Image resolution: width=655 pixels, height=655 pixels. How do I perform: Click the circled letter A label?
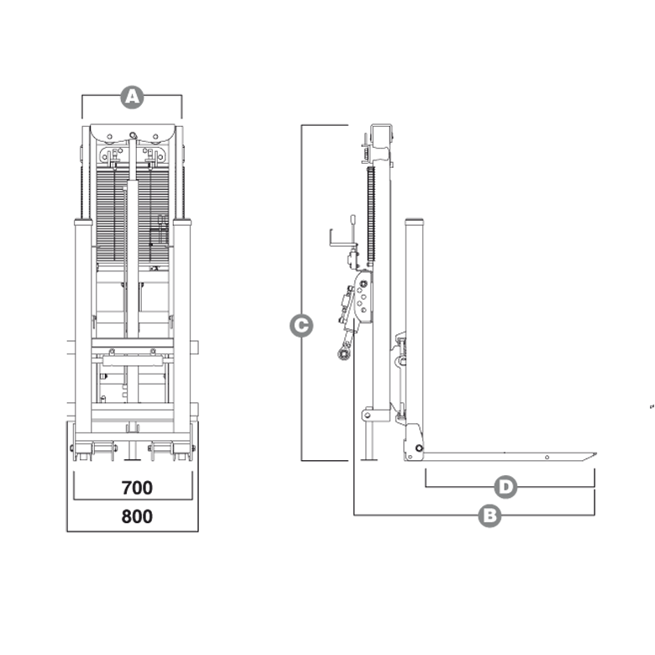coord(132,97)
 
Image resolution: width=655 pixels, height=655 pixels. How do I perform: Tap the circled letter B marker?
coord(490,516)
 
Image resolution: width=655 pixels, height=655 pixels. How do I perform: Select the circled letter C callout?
coord(301,326)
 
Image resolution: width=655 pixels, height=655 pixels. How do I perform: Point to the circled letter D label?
coord(506,487)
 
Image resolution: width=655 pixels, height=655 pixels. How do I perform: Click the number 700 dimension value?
coord(137,488)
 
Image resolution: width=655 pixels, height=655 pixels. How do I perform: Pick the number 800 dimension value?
coord(137,516)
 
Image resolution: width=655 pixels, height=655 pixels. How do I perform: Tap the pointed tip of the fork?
coord(596,453)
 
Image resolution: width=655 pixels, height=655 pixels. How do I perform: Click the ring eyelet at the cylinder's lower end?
coord(343,354)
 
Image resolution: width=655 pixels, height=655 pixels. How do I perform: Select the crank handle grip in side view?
coord(353,220)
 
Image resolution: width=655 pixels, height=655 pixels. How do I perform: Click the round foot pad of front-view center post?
coord(133,459)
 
